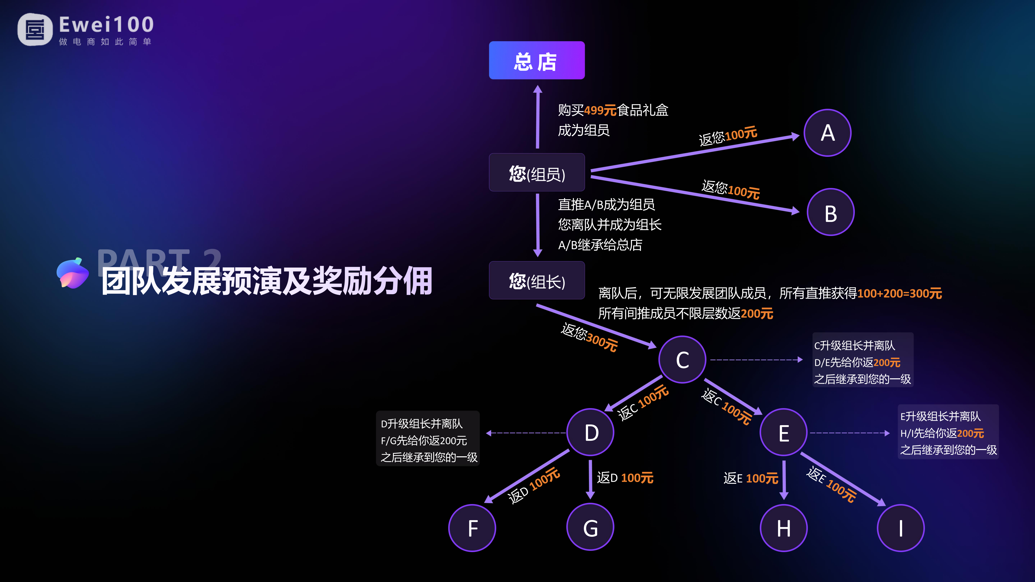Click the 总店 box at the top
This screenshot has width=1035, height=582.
coord(536,60)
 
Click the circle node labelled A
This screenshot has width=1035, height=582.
coord(827,133)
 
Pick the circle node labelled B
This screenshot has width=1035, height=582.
coord(830,212)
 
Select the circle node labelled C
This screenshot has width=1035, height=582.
coord(682,360)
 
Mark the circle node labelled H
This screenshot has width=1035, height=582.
coord(784,528)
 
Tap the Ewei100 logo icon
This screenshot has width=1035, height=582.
coord(35,29)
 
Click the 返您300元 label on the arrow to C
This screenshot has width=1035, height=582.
coord(589,337)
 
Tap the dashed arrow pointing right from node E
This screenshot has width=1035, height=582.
coord(849,433)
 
